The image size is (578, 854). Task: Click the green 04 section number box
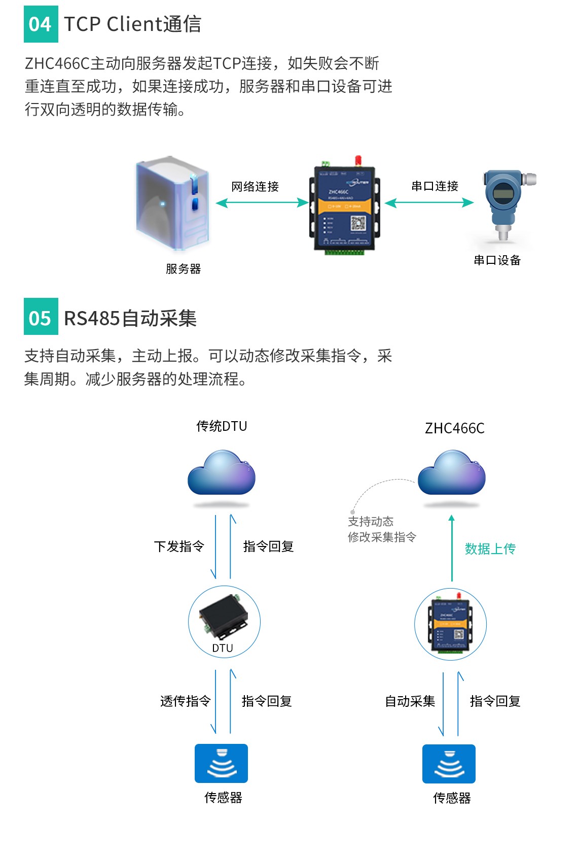pyautogui.click(x=41, y=24)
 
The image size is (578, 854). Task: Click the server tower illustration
pyautogui.click(x=172, y=203)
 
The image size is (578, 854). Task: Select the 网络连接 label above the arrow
pyautogui.click(x=255, y=187)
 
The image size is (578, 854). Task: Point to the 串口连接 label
pyautogui.click(x=435, y=186)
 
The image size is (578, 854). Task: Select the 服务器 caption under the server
pyautogui.click(x=183, y=269)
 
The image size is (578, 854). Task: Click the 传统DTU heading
pyautogui.click(x=222, y=426)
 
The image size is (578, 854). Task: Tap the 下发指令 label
pyautogui.click(x=179, y=546)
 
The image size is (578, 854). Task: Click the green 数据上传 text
pyautogui.click(x=490, y=549)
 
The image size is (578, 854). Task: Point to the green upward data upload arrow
pyautogui.click(x=452, y=548)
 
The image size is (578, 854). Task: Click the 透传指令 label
pyautogui.click(x=185, y=701)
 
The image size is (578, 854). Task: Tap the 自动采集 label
pyautogui.click(x=410, y=701)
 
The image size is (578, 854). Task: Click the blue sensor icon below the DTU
pyautogui.click(x=222, y=763)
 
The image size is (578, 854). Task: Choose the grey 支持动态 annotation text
pyautogui.click(x=371, y=522)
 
